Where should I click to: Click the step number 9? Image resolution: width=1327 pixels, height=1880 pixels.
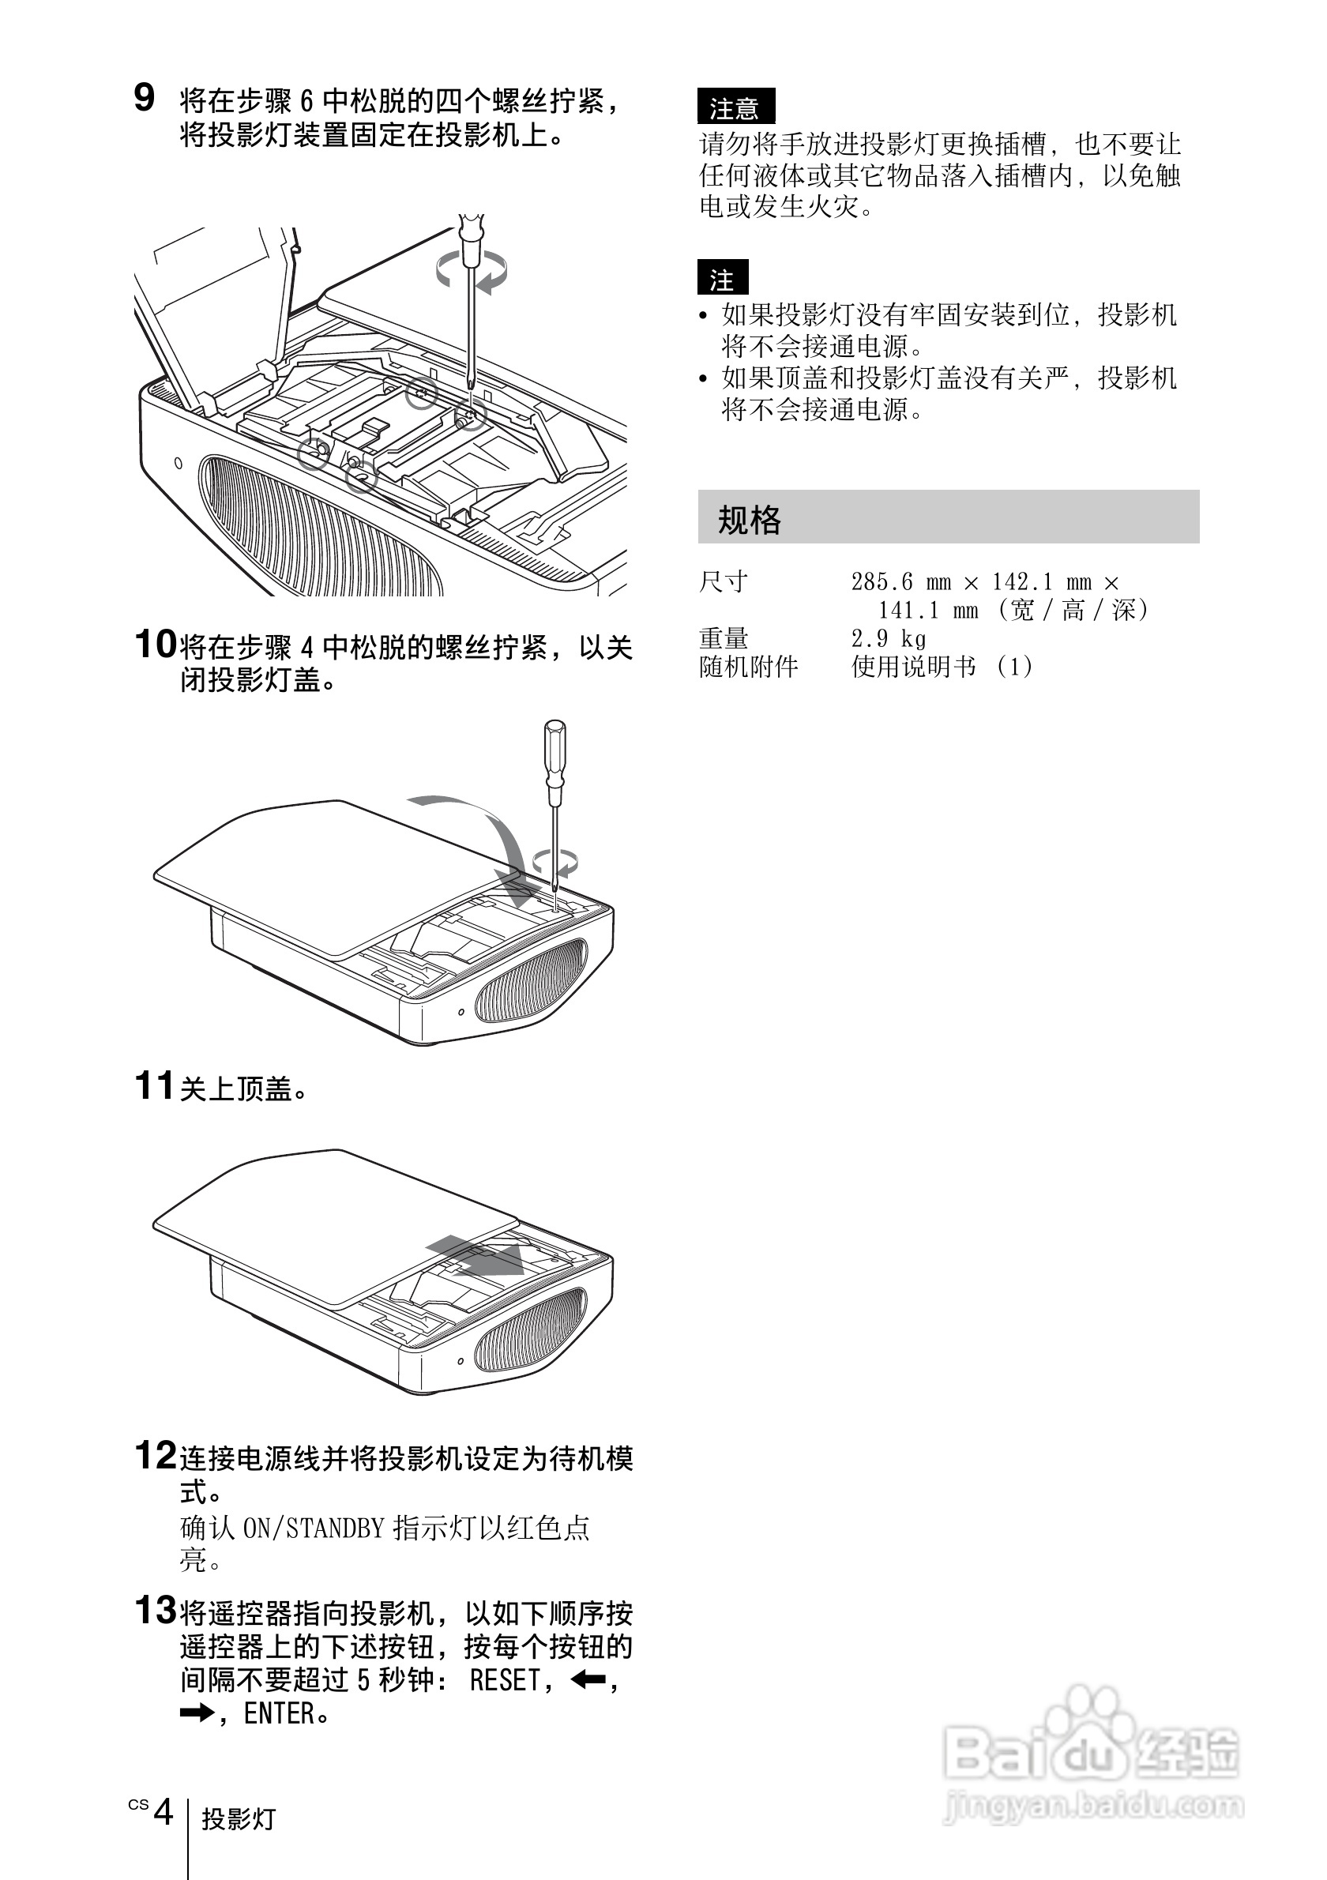[144, 98]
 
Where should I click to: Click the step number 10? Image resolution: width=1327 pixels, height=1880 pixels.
[155, 645]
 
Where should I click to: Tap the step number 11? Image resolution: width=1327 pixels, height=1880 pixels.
[154, 1087]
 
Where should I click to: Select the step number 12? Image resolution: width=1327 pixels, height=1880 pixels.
[155, 1457]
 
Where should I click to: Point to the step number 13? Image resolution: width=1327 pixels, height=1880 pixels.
[155, 1611]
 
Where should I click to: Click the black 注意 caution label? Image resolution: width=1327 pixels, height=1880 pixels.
[735, 107]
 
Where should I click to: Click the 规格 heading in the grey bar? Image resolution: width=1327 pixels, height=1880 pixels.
[749, 519]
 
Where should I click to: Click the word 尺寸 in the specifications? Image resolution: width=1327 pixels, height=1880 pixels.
[724, 582]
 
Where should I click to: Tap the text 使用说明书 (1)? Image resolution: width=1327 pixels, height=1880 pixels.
[942, 667]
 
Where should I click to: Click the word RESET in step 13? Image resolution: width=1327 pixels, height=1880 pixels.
[504, 1680]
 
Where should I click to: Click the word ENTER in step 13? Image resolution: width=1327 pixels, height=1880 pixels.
[278, 1714]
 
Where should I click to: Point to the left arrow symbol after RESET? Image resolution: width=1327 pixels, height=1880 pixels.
[588, 1680]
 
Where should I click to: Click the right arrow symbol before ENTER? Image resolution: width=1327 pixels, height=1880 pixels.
[197, 1713]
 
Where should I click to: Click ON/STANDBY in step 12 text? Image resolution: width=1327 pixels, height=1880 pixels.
[314, 1528]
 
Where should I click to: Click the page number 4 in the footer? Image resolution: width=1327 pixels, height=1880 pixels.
[164, 1812]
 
